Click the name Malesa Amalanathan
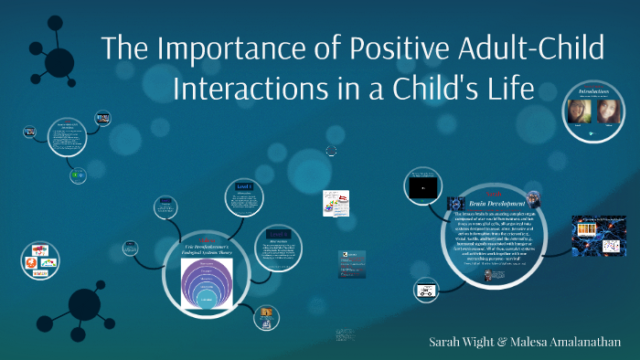pos(574,342)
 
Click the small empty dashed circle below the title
pos(331,152)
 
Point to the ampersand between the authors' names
pos(503,342)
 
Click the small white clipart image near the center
pos(336,202)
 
